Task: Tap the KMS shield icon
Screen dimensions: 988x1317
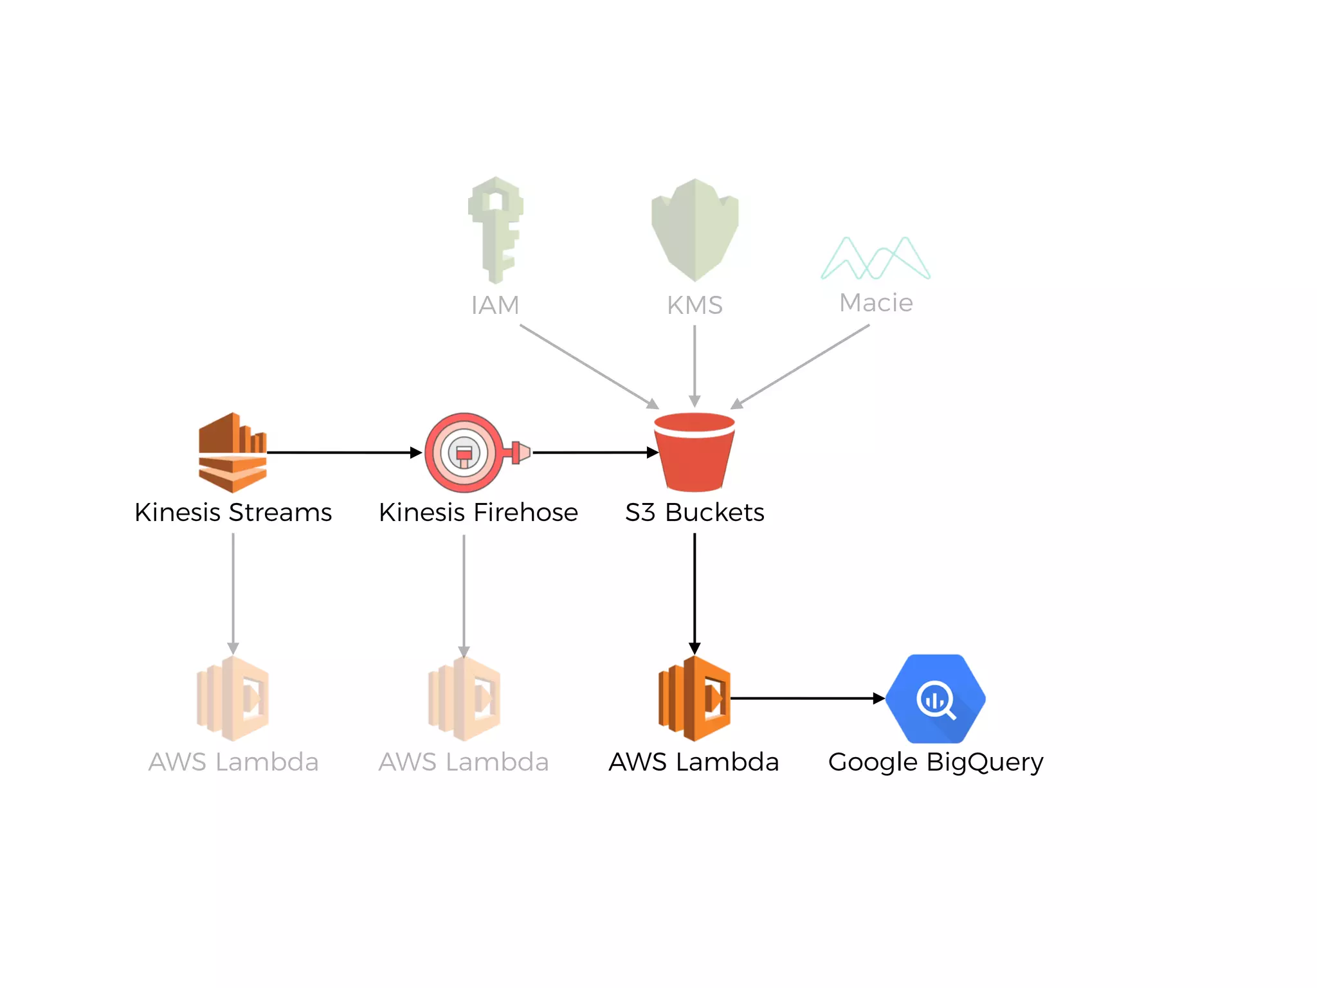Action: pyautogui.click(x=695, y=230)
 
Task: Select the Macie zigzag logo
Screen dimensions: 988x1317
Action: pyautogui.click(x=875, y=258)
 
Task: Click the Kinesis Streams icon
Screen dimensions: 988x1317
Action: pyautogui.click(x=232, y=452)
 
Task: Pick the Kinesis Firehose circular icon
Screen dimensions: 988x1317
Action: pyautogui.click(x=464, y=452)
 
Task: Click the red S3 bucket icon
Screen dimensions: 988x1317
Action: pyautogui.click(x=694, y=452)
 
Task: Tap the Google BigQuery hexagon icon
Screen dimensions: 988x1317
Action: pyautogui.click(x=935, y=699)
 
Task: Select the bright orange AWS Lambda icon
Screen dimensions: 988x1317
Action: pyautogui.click(x=694, y=699)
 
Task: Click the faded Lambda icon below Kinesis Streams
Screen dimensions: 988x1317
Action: pyautogui.click(x=233, y=699)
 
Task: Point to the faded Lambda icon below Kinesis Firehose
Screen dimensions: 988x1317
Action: pyautogui.click(x=464, y=699)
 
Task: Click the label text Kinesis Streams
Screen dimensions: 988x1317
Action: pyautogui.click(x=233, y=513)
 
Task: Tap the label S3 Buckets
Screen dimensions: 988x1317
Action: pyautogui.click(x=695, y=513)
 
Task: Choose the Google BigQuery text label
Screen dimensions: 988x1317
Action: pyautogui.click(x=935, y=762)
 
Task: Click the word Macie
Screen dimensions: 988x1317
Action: pyautogui.click(x=876, y=302)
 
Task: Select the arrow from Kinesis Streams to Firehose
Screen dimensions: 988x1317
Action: pyautogui.click(x=344, y=452)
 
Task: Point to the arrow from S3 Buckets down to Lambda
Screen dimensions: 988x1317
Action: pyautogui.click(x=695, y=592)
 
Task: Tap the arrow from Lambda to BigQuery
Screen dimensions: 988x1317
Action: pyautogui.click(x=807, y=698)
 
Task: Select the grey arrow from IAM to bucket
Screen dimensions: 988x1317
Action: pyautogui.click(x=588, y=366)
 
